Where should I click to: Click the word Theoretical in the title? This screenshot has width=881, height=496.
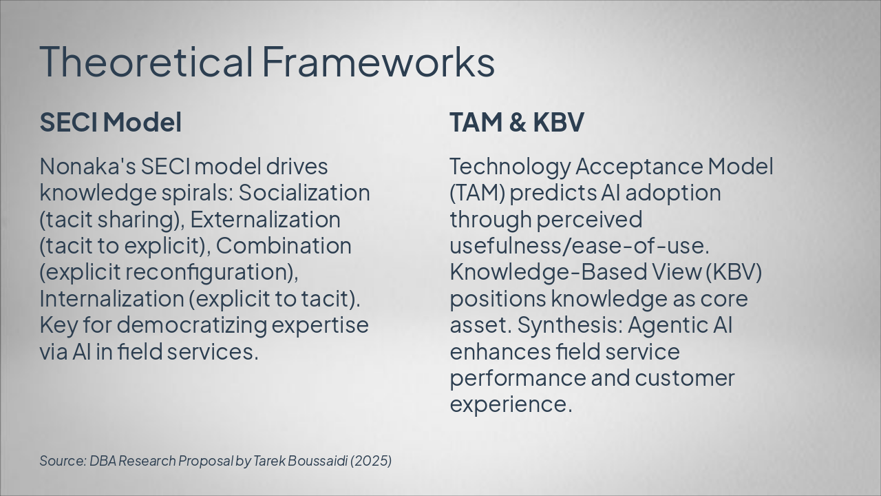pos(146,61)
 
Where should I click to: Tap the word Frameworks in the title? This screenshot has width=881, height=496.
pos(378,61)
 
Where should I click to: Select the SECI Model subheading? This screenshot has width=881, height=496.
pos(111,122)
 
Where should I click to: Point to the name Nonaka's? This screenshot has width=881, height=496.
pos(87,166)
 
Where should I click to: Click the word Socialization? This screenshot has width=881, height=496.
pos(304,192)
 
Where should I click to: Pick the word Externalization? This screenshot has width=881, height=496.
pos(266,219)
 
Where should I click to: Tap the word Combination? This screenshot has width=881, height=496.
pos(284,246)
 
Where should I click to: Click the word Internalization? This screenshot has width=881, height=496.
pos(112,299)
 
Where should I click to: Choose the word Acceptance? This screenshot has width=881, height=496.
pos(639,166)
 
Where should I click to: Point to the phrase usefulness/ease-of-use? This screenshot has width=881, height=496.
pos(579,246)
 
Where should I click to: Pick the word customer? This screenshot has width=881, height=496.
pos(684,378)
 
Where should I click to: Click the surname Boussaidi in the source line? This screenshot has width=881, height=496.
pos(317,461)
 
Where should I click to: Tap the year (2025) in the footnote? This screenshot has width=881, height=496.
pos(371,461)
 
